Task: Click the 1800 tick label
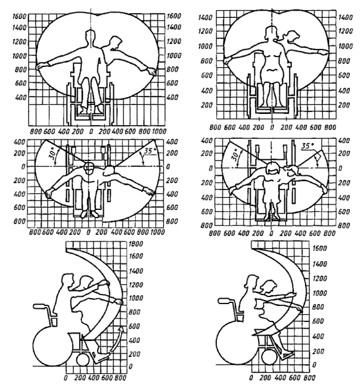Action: pyautogui.click(x=138, y=243)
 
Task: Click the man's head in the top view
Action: pyautogui.click(x=89, y=168)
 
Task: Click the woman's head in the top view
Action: pyautogui.click(x=272, y=169)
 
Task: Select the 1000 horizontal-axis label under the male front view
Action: pyautogui.click(x=160, y=129)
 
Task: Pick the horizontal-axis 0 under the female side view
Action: pyautogui.click(x=252, y=378)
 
